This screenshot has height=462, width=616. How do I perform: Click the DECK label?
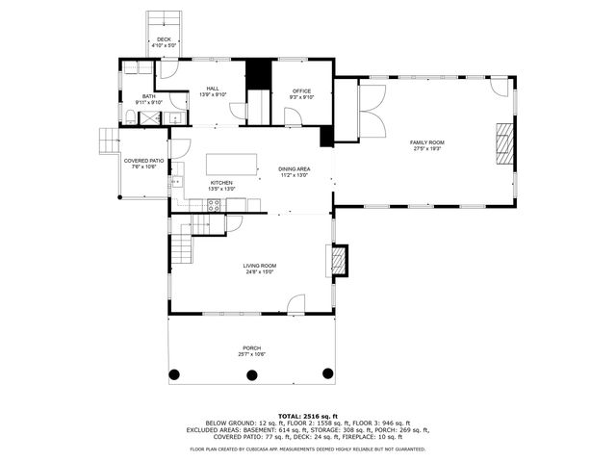point(164,39)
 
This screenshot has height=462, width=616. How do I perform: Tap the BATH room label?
point(149,96)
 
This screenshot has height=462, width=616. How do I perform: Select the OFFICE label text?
point(301,91)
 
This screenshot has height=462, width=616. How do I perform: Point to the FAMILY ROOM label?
point(428,142)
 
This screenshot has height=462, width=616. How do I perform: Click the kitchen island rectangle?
point(232,164)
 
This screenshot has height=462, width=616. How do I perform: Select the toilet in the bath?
point(130,117)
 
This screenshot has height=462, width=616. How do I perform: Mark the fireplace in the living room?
point(337,260)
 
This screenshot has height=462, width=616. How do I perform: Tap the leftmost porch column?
point(174,373)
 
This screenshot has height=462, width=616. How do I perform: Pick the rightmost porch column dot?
point(327,373)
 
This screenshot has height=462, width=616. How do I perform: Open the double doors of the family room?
point(371,110)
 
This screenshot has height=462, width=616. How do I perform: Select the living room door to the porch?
point(296,304)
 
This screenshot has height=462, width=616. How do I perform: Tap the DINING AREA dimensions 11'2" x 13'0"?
point(294,175)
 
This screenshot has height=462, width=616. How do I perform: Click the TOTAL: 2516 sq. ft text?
point(308,415)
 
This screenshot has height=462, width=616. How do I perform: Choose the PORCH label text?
point(251,347)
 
